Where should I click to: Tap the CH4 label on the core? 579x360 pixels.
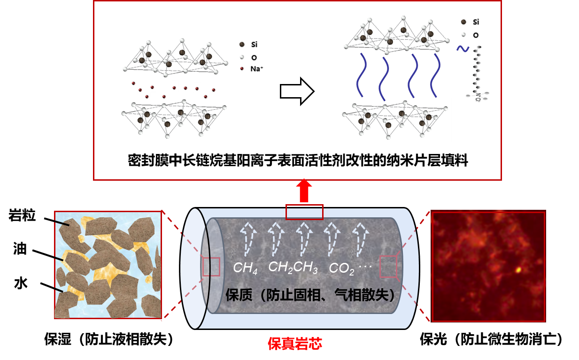pos(245,268)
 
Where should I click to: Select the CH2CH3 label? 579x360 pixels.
pos(293,268)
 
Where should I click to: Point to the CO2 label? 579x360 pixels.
pos(341,268)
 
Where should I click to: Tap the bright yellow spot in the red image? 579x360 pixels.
pos(518,270)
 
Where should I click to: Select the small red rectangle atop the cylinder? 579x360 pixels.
pos(304,212)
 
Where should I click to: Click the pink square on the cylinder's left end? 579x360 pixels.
pos(211,267)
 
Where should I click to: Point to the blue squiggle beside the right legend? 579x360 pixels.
pos(462,48)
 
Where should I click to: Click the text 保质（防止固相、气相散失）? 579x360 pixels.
pos(310,295)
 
